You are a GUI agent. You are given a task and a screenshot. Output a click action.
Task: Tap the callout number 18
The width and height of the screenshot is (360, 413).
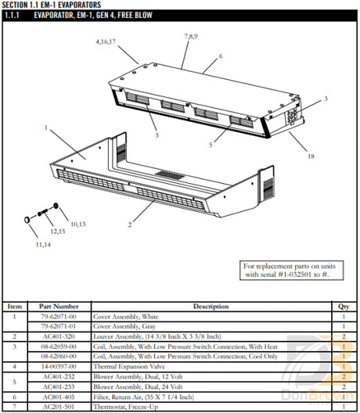click(311, 157)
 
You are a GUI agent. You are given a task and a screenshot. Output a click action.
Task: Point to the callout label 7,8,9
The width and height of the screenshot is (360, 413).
click(191, 36)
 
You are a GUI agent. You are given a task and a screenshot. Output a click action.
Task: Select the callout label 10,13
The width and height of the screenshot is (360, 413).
click(79, 224)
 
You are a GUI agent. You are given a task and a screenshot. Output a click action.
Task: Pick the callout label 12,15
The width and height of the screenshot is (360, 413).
click(58, 232)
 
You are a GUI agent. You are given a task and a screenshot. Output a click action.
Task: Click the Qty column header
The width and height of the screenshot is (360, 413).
click(343, 306)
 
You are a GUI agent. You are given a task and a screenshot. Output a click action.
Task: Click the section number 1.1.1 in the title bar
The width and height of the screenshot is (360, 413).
click(16, 15)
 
